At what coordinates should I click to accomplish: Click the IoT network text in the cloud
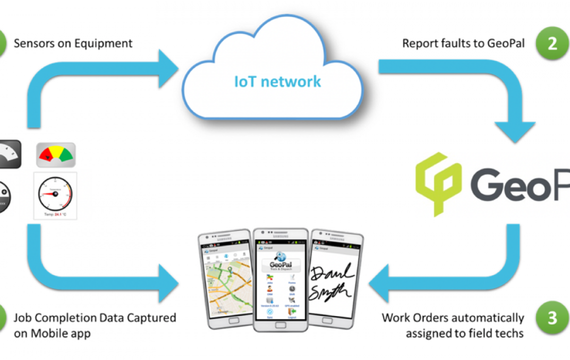click(x=277, y=81)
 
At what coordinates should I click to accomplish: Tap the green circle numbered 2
click(x=552, y=43)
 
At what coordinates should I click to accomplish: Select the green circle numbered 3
click(x=552, y=318)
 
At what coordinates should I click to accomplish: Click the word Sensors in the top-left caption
click(x=32, y=43)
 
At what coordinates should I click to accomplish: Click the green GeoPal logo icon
click(x=438, y=183)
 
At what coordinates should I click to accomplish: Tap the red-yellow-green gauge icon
click(x=55, y=155)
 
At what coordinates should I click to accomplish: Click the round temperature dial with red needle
click(x=54, y=192)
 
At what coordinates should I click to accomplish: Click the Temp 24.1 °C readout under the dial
click(x=54, y=214)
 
